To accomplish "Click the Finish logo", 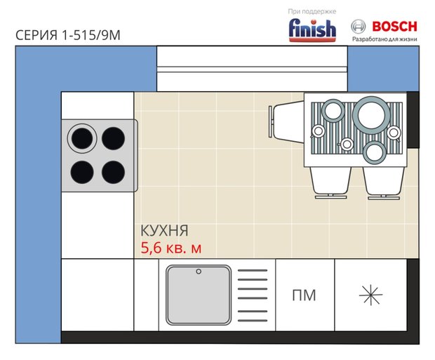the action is pyautogui.click(x=312, y=30).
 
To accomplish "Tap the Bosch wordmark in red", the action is pyautogui.click(x=395, y=27).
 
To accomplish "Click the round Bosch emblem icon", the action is pyautogui.click(x=358, y=27).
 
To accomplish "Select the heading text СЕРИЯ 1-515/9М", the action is pyautogui.click(x=68, y=35).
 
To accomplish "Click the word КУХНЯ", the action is pyautogui.click(x=164, y=230).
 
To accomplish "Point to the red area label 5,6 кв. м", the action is pyautogui.click(x=171, y=248).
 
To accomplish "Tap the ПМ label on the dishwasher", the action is pyautogui.click(x=304, y=295).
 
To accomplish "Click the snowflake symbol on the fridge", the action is pyautogui.click(x=371, y=295).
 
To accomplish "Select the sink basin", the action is pyautogui.click(x=199, y=295).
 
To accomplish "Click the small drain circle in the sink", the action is pyautogui.click(x=199, y=272).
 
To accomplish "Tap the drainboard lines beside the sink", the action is pyautogui.click(x=253, y=295).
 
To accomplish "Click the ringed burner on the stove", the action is pyautogui.click(x=82, y=138).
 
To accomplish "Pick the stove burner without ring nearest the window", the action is pyautogui.click(x=113, y=138).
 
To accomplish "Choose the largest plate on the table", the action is pyautogui.click(x=371, y=115).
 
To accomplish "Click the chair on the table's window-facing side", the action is pyautogui.click(x=286, y=121).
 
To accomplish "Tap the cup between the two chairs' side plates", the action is pyautogui.click(x=346, y=144).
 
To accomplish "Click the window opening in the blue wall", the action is pyautogui.click(x=252, y=69).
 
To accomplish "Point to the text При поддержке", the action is pyautogui.click(x=312, y=11).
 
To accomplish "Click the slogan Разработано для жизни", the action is pyautogui.click(x=384, y=39).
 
